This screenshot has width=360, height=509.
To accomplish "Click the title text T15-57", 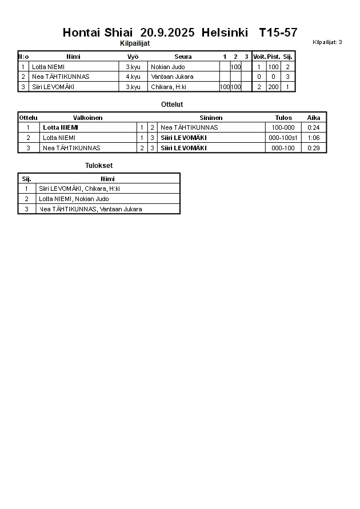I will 278,33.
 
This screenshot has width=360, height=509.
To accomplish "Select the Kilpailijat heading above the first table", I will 135,43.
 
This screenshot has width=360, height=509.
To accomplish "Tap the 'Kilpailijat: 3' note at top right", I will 327,42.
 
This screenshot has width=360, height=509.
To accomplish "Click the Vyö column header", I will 133,57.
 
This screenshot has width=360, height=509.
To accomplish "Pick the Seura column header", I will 183,57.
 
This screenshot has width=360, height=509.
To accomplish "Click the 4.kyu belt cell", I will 133,77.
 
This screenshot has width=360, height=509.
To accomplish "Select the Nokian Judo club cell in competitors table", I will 168,67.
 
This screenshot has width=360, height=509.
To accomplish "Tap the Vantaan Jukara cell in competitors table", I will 172,77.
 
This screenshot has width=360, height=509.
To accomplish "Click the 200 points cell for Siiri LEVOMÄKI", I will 273,87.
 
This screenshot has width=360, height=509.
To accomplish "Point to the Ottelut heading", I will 172,105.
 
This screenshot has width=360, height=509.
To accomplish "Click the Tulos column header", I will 283,118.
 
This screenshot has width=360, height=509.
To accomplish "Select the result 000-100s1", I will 283,138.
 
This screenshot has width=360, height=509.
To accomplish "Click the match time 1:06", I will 314,138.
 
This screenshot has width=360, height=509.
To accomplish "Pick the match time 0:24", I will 314,127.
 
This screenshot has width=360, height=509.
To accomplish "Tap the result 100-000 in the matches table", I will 283,127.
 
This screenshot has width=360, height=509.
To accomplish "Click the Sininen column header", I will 211,118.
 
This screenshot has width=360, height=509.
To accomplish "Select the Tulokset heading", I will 99,166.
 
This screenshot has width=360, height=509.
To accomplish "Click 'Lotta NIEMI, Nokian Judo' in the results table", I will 74,199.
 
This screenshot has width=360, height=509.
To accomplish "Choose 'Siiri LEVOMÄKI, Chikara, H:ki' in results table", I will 79,189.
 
